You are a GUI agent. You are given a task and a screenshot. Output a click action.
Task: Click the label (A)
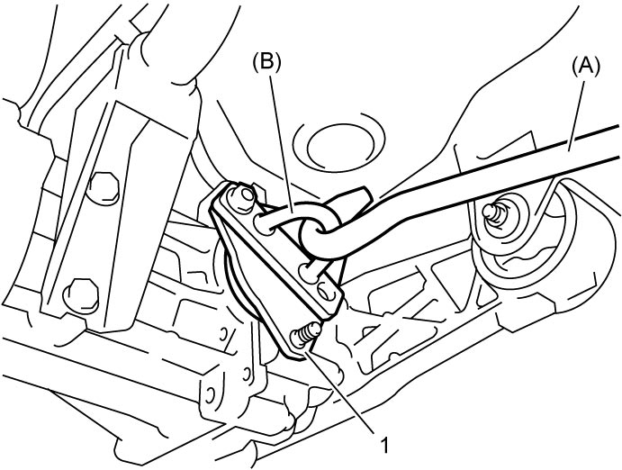585,67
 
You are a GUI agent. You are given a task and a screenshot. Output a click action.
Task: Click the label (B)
266,63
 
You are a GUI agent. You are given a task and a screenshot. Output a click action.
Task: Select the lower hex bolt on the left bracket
81,294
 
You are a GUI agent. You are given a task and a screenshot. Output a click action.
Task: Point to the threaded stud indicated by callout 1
305,332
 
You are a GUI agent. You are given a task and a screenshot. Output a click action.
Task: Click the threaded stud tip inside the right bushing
491,212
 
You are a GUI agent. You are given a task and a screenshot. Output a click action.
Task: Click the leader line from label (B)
283,143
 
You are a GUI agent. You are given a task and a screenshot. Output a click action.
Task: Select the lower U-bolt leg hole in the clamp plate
309,272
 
